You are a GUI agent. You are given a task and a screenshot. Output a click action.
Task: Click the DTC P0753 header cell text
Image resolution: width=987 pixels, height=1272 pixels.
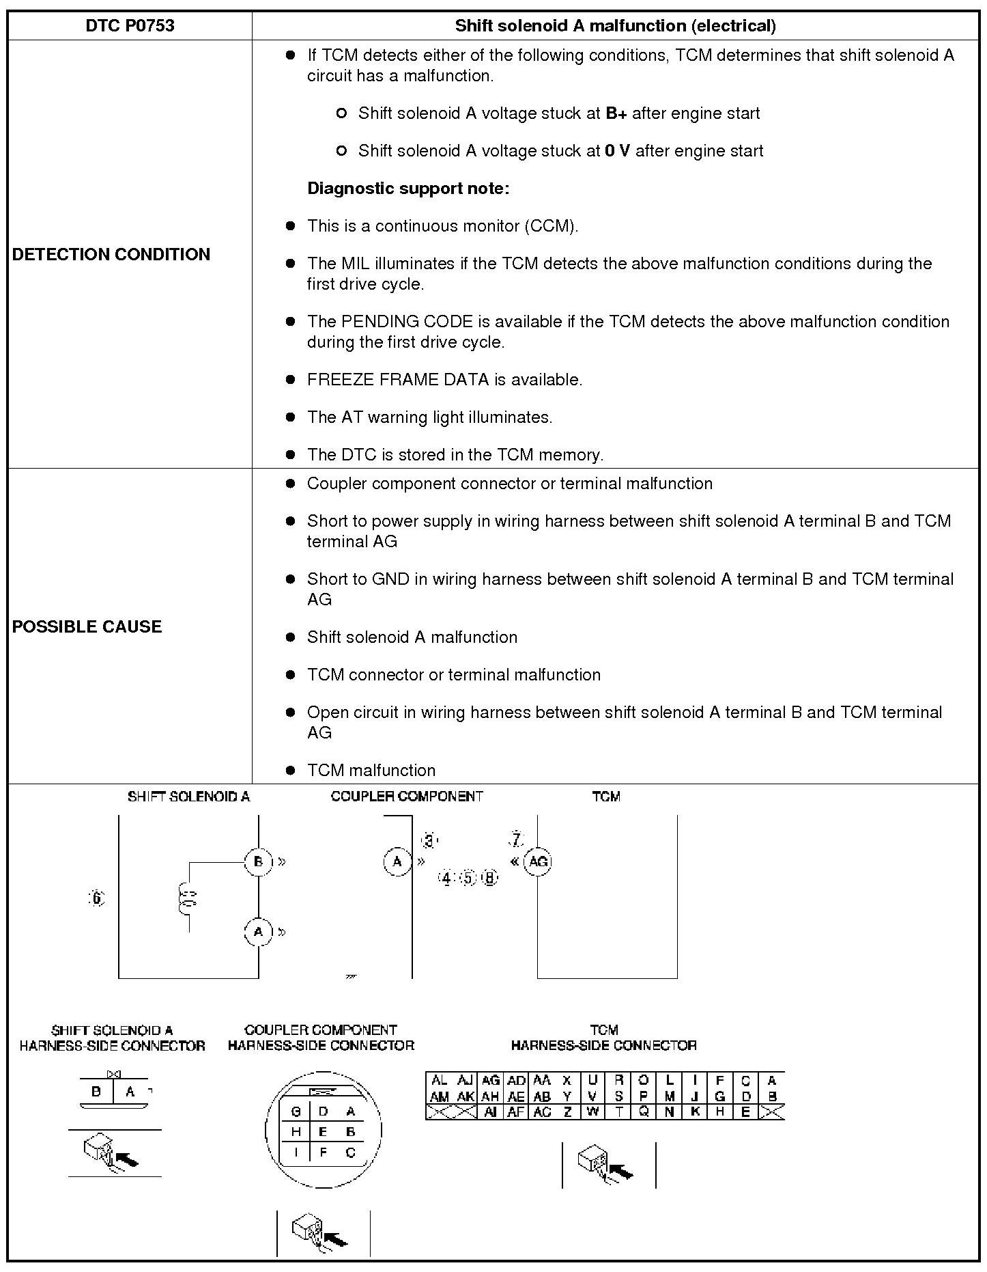tap(130, 26)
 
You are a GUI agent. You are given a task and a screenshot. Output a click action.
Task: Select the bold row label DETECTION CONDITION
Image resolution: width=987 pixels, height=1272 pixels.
tap(111, 254)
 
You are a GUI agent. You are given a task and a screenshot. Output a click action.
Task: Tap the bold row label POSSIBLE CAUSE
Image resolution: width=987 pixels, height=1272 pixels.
tap(87, 626)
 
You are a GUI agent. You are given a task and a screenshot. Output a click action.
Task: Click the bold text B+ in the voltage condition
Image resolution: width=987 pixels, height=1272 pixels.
tap(616, 113)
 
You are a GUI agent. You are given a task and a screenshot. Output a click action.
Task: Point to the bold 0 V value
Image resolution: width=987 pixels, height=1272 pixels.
tap(617, 151)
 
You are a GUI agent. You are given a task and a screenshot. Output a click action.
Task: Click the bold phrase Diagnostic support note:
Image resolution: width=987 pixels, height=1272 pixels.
tap(408, 189)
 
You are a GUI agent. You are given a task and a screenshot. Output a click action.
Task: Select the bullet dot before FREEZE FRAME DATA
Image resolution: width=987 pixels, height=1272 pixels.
tap(291, 379)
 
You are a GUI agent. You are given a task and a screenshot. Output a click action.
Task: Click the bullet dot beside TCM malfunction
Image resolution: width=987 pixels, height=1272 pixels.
tap(291, 770)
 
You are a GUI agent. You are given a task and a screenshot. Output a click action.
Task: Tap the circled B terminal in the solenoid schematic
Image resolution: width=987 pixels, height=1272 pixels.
tap(259, 861)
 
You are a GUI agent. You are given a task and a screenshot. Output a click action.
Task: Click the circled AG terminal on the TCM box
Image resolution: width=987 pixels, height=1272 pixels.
tap(538, 861)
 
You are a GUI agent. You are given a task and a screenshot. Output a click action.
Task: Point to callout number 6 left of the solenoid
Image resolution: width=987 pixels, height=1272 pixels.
tap(98, 898)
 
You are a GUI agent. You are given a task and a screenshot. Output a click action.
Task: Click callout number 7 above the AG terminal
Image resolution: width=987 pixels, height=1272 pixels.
tap(517, 839)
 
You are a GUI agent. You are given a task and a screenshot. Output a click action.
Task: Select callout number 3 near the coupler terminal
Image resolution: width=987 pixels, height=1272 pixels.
tap(429, 840)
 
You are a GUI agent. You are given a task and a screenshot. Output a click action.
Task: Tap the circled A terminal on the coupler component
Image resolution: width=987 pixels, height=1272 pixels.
tap(397, 861)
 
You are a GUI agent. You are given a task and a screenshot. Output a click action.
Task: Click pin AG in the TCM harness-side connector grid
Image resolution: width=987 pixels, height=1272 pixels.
tap(490, 1080)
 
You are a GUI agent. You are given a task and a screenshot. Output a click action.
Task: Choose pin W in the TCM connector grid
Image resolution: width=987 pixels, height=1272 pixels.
tap(592, 1111)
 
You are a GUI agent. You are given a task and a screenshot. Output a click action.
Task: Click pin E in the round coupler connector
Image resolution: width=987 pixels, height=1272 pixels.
tap(324, 1131)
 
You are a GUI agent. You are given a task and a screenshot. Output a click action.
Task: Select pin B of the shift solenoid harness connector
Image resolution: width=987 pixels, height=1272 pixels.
tap(96, 1091)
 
